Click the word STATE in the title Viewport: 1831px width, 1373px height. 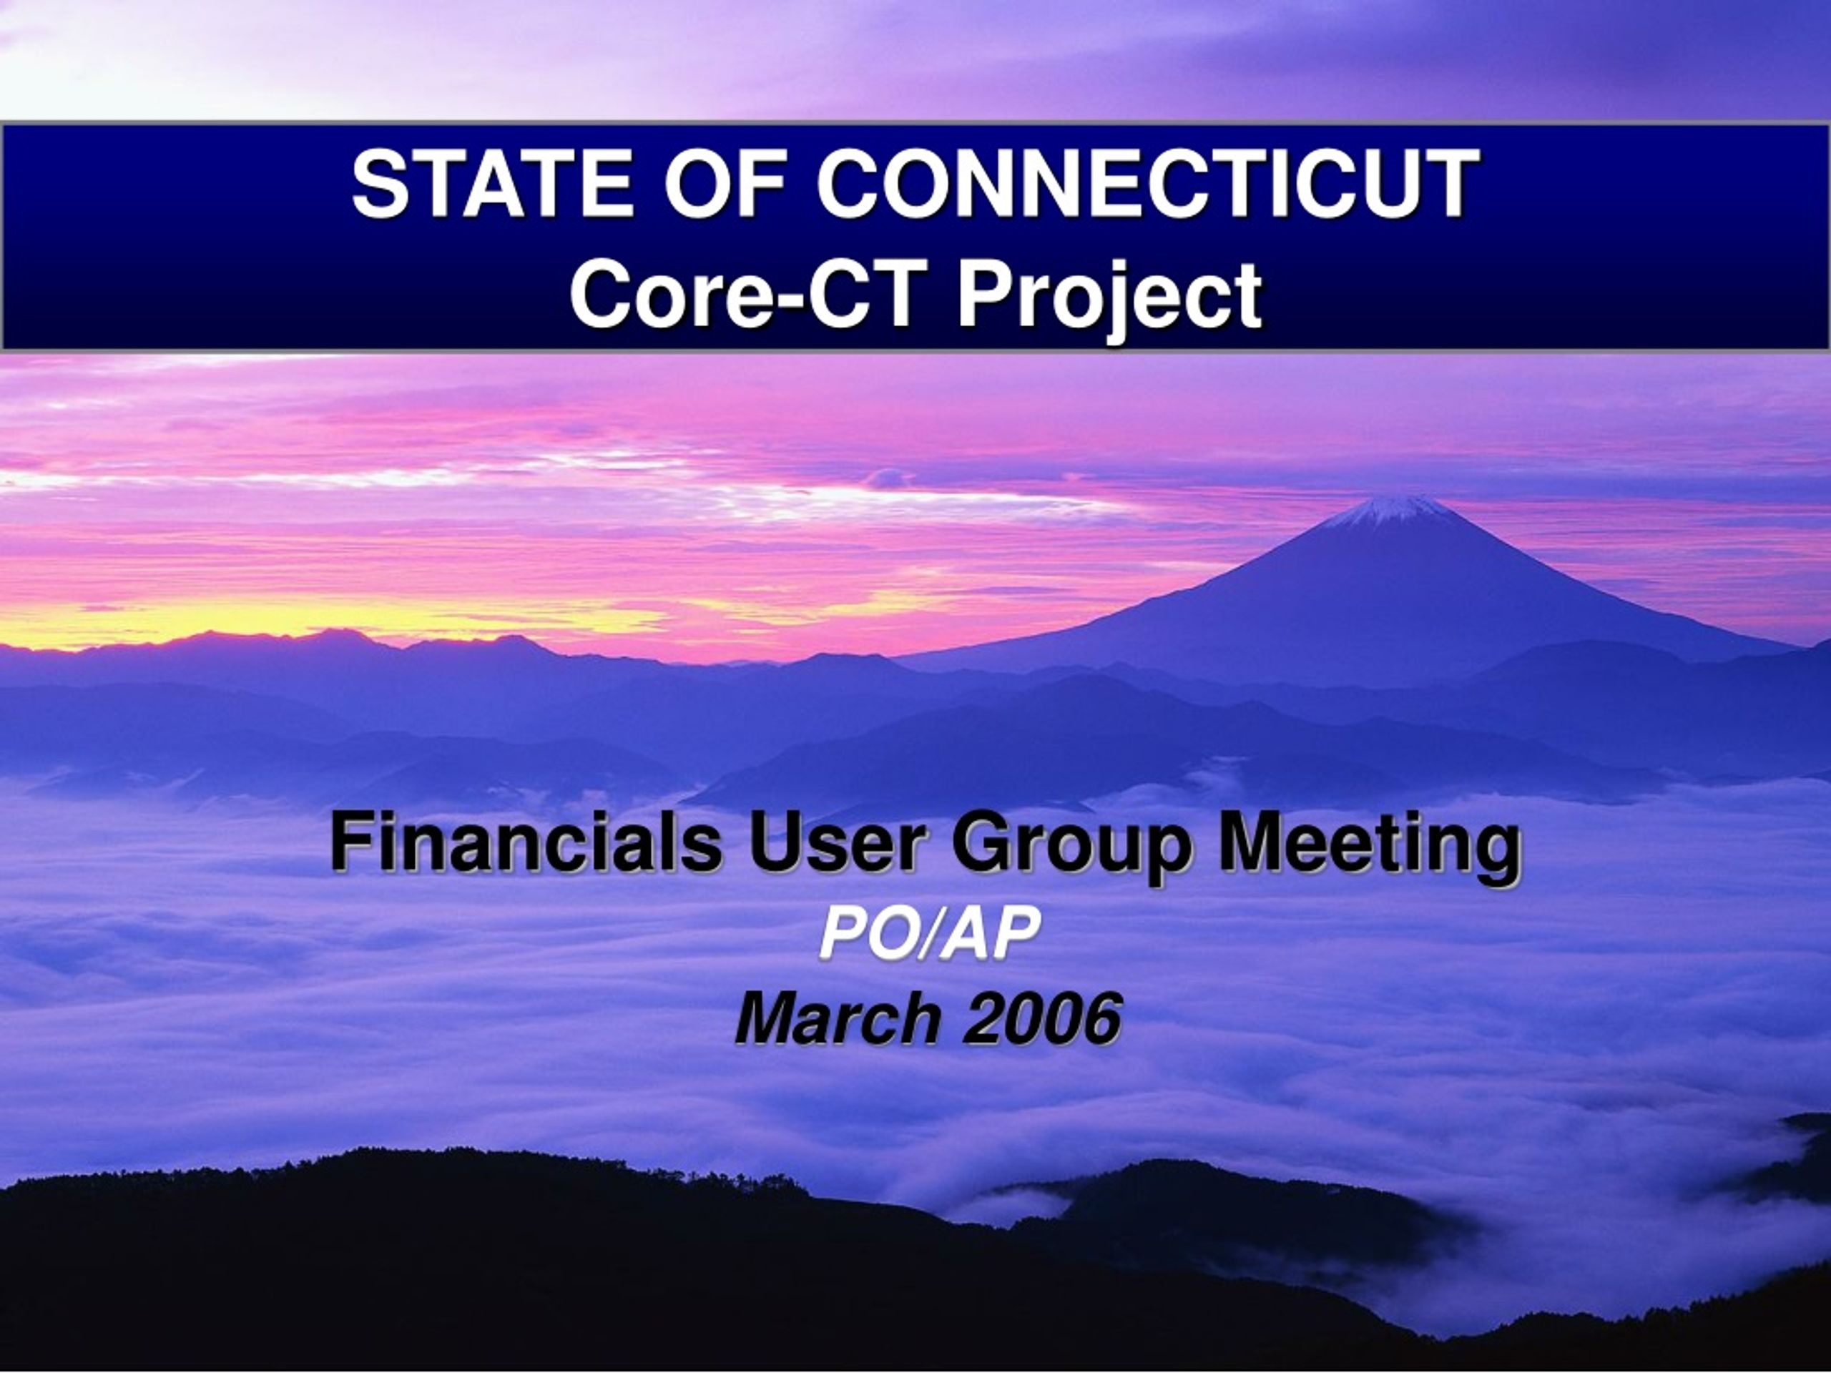(494, 184)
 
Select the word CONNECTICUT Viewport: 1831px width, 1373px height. (1147, 184)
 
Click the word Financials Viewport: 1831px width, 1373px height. (526, 842)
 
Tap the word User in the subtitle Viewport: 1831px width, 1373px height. (837, 842)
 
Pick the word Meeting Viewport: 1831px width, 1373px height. (1369, 848)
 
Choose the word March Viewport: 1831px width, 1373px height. (838, 1019)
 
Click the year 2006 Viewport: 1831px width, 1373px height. (1043, 1019)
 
